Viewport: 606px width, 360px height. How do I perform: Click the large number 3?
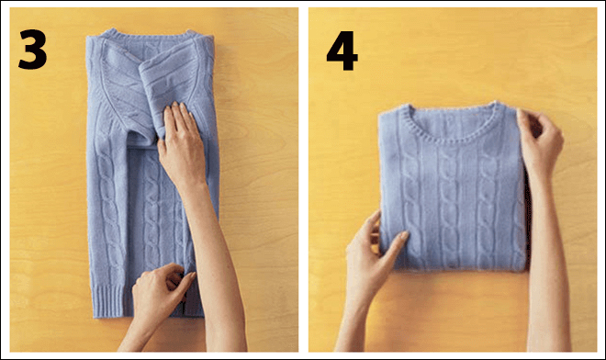(x=32, y=50)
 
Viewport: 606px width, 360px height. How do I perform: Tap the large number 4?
(x=342, y=51)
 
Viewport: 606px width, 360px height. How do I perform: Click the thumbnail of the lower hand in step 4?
(x=403, y=235)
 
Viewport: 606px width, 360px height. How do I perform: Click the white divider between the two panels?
(x=303, y=180)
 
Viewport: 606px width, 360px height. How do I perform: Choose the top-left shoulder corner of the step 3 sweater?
(x=88, y=38)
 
